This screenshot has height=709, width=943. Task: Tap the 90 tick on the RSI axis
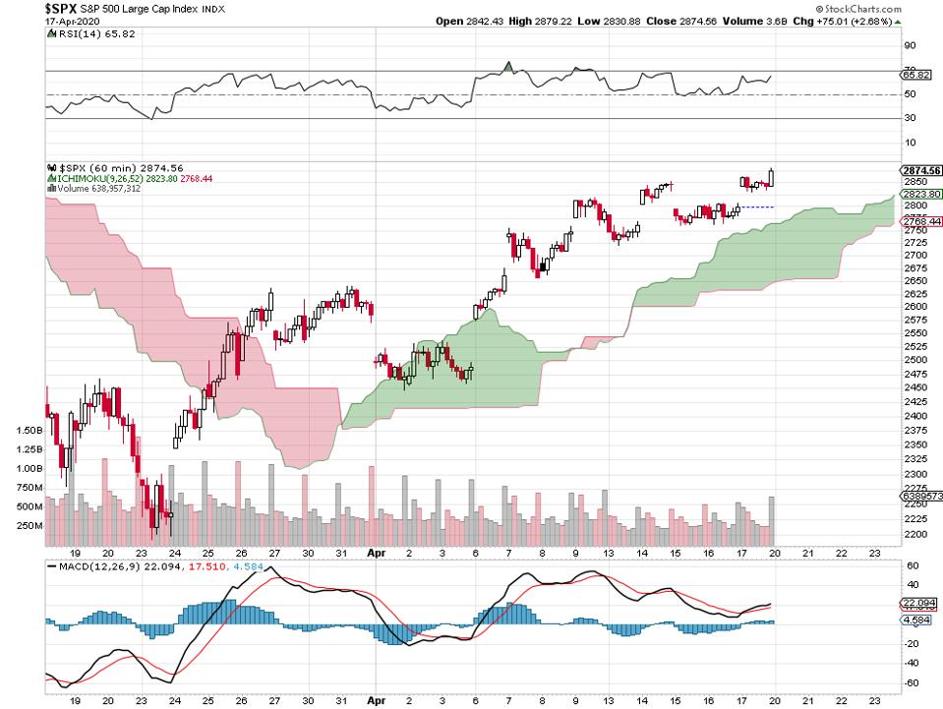click(910, 45)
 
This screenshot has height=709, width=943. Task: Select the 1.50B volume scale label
click(28, 431)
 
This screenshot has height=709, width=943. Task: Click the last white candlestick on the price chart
click(772, 177)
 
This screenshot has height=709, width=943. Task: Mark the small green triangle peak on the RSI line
click(507, 66)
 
